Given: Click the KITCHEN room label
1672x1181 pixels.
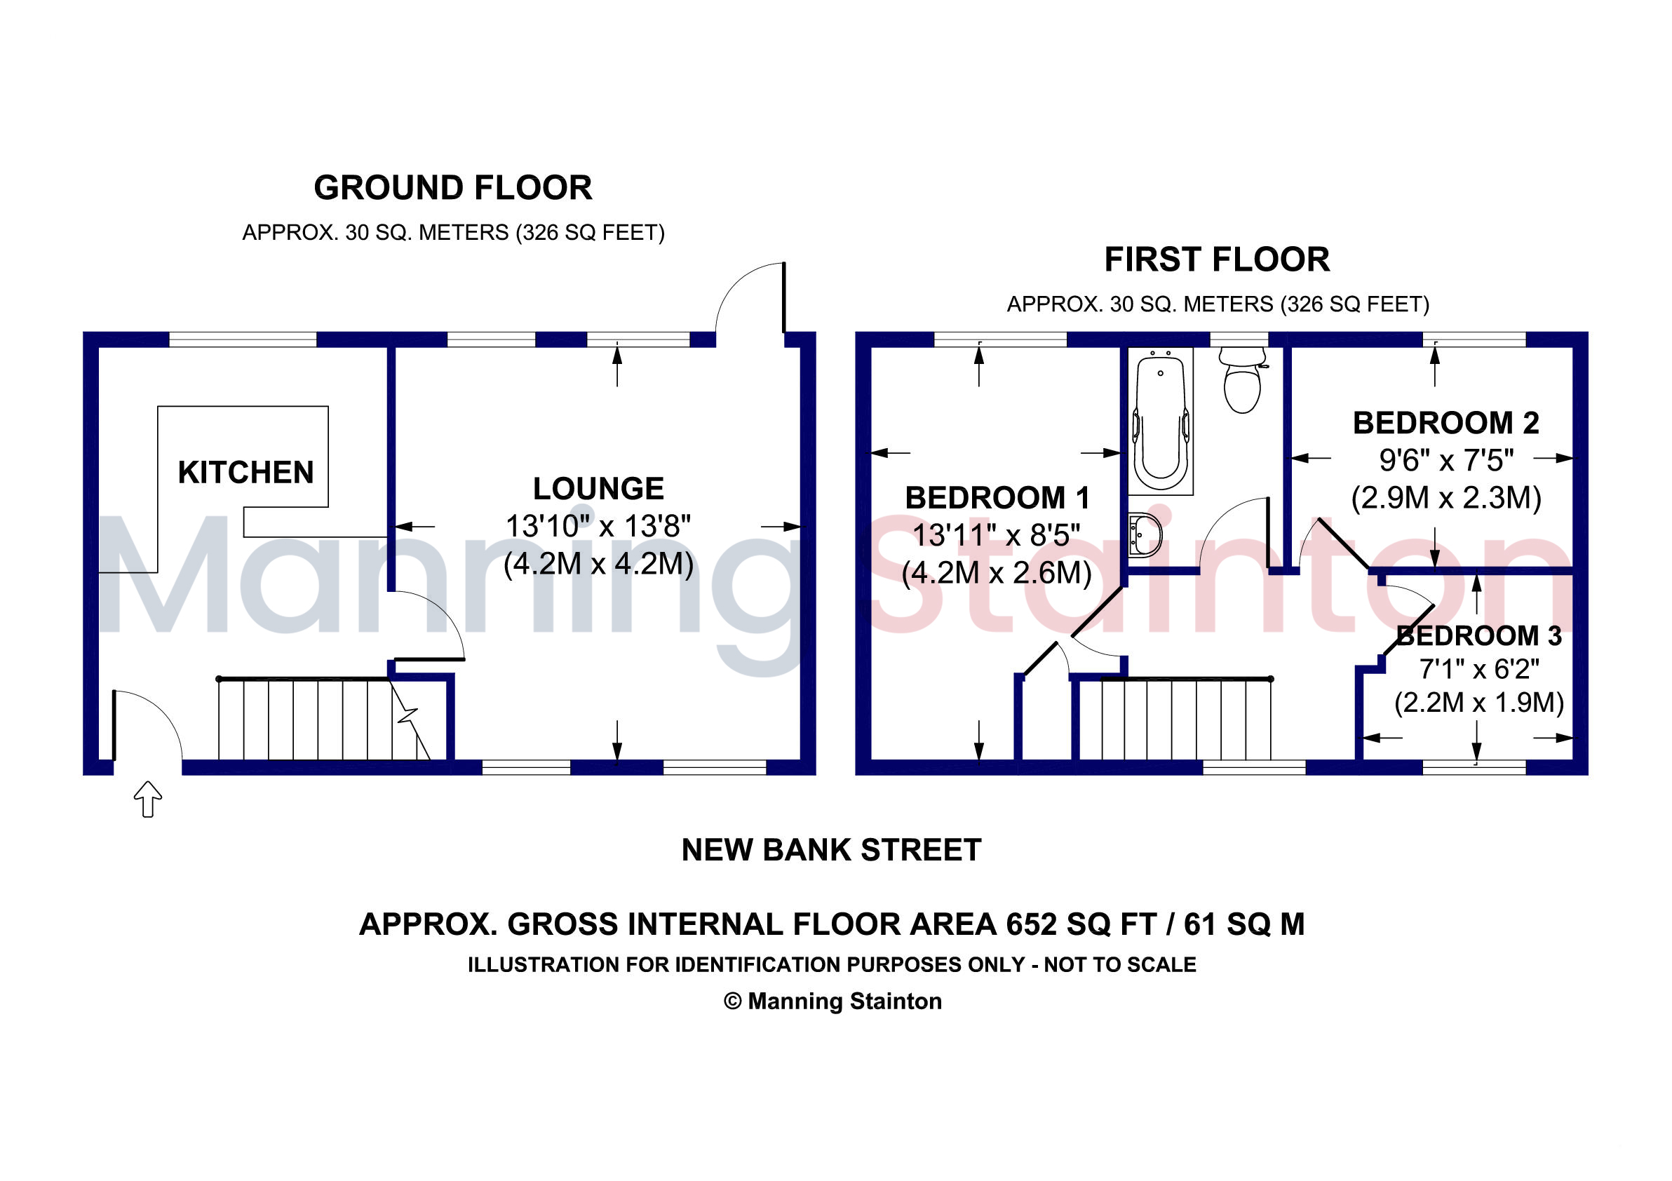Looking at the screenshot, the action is (x=246, y=473).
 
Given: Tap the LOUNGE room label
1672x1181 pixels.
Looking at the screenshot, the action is (x=599, y=489).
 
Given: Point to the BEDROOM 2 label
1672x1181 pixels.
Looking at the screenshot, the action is (x=1445, y=423).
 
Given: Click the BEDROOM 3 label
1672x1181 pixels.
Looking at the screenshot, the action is (x=1479, y=635).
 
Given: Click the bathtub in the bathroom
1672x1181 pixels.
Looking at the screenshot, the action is (x=1161, y=421).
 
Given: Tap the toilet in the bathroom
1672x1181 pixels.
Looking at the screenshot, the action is (x=1242, y=379).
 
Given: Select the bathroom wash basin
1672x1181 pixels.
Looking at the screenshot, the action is (x=1145, y=535).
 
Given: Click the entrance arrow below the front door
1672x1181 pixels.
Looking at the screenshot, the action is (x=148, y=799).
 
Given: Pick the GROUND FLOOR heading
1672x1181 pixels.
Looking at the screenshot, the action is (x=453, y=188).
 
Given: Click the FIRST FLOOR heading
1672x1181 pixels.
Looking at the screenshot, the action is (x=1217, y=260).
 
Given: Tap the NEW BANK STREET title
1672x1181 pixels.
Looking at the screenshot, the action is (x=832, y=850).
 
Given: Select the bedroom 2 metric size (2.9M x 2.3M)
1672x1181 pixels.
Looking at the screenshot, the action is (x=1446, y=498).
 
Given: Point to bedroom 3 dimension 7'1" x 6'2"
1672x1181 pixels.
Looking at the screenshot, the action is (x=1479, y=668).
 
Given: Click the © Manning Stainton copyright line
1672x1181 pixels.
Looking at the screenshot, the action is (x=832, y=1001).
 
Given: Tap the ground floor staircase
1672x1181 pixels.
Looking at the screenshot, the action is (x=325, y=719).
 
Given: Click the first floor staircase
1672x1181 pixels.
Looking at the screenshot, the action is (x=1186, y=720).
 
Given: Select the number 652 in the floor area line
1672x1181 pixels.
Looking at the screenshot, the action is (x=1031, y=925).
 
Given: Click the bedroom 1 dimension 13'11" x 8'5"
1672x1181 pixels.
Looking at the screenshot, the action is (x=996, y=535).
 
